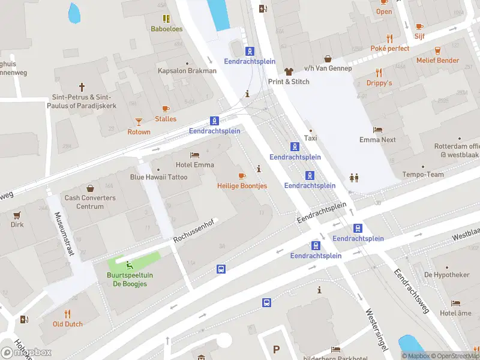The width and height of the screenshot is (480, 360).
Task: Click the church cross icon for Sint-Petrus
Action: (x=82, y=88)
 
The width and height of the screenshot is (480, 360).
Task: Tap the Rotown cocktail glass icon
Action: (x=139, y=122)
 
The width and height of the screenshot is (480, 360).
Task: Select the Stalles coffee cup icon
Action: (x=166, y=109)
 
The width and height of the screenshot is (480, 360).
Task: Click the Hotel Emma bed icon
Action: (x=194, y=155)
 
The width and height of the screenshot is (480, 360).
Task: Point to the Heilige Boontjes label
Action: (x=242, y=186)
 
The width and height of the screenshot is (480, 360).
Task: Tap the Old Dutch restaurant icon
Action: (x=67, y=314)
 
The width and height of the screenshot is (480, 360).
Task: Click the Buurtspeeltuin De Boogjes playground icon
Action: (x=128, y=265)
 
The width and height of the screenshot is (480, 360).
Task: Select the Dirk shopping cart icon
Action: (x=17, y=215)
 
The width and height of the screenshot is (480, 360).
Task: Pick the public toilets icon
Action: (x=353, y=178)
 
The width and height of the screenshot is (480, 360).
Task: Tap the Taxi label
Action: (x=310, y=138)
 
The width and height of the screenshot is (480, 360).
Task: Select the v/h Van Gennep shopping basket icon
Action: (x=328, y=58)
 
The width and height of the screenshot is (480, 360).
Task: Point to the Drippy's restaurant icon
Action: (x=379, y=73)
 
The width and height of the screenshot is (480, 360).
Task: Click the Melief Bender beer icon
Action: (x=437, y=50)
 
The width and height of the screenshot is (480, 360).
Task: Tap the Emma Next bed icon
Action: (x=377, y=130)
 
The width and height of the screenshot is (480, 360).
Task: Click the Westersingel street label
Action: (x=377, y=329)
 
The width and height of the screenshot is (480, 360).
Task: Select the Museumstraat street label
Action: (x=64, y=234)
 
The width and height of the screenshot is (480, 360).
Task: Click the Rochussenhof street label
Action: (x=193, y=230)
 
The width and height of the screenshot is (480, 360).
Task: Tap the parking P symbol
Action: (x=276, y=349)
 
